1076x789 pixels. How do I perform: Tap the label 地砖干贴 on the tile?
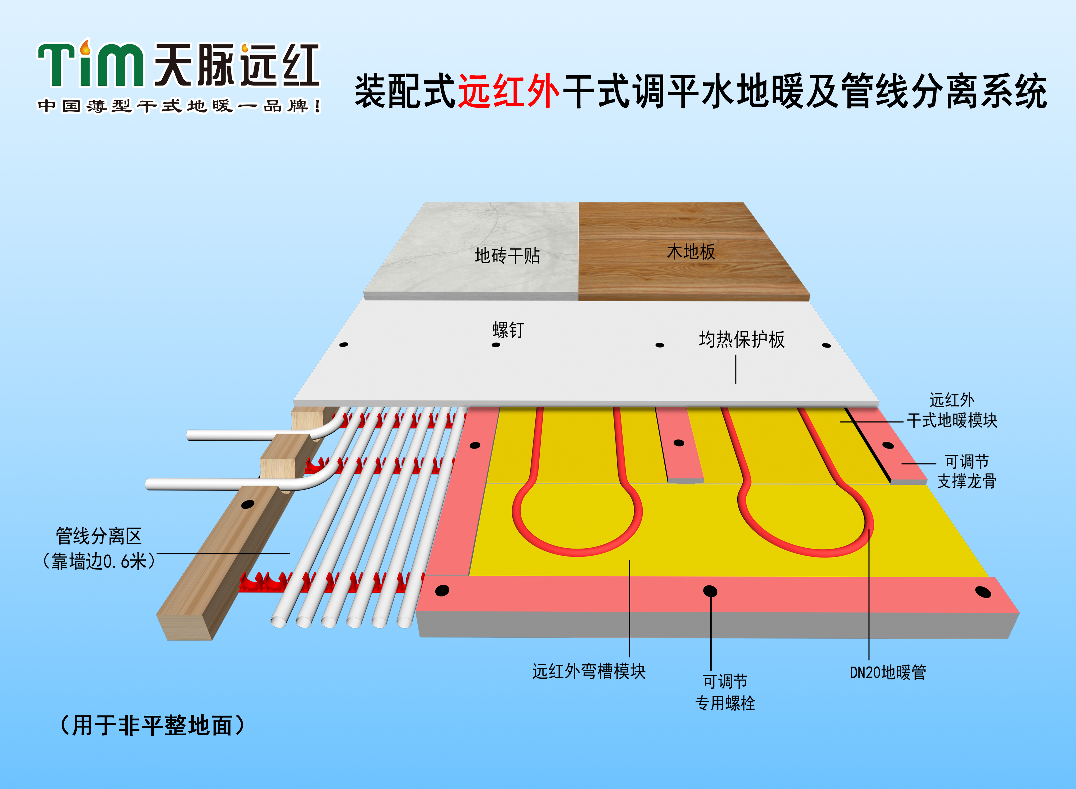coord(507,256)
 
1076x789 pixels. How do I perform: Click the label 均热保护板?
coord(742,339)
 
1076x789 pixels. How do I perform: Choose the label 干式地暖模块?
coord(952,420)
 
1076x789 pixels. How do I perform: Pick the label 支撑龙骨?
coord(967,481)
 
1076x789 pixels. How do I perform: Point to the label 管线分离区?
coord(99,536)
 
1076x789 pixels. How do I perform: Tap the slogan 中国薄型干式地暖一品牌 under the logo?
coord(179,106)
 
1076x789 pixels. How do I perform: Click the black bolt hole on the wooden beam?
coord(247,504)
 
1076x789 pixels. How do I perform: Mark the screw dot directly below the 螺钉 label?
coord(496,345)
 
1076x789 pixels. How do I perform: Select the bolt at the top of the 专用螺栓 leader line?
coord(710,591)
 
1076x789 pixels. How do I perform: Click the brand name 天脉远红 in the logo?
coord(236,65)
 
